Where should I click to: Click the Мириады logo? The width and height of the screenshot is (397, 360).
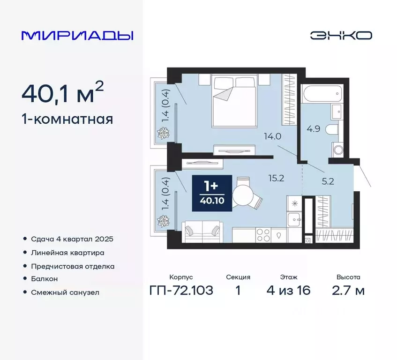pos(77,36)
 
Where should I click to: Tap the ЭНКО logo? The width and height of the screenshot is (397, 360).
pos(341,35)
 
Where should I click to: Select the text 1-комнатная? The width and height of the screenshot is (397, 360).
pos(67,120)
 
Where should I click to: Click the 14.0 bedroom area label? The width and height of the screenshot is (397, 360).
pos(272,137)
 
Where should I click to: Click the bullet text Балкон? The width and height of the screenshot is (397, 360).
pos(45,278)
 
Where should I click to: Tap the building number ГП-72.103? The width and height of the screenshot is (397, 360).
pos(181,291)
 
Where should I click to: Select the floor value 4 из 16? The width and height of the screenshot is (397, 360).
pos(288,291)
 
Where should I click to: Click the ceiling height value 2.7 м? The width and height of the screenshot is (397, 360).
pos(348,291)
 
